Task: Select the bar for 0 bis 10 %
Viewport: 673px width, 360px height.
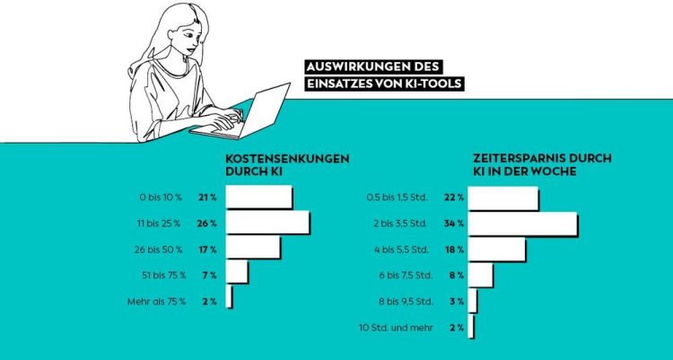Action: tap(258, 197)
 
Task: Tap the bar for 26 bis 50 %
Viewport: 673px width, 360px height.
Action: tap(252, 248)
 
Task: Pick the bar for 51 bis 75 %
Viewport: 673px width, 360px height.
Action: tap(237, 272)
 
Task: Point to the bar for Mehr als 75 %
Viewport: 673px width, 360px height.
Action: tap(230, 298)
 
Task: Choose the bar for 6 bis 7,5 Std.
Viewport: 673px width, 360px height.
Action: tap(481, 275)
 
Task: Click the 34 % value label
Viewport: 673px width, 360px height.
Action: tap(453, 223)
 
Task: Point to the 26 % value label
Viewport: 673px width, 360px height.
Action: tap(206, 223)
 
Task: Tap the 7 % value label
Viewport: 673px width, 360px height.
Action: tap(209, 273)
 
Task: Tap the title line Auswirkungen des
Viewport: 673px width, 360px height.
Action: tap(373, 67)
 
